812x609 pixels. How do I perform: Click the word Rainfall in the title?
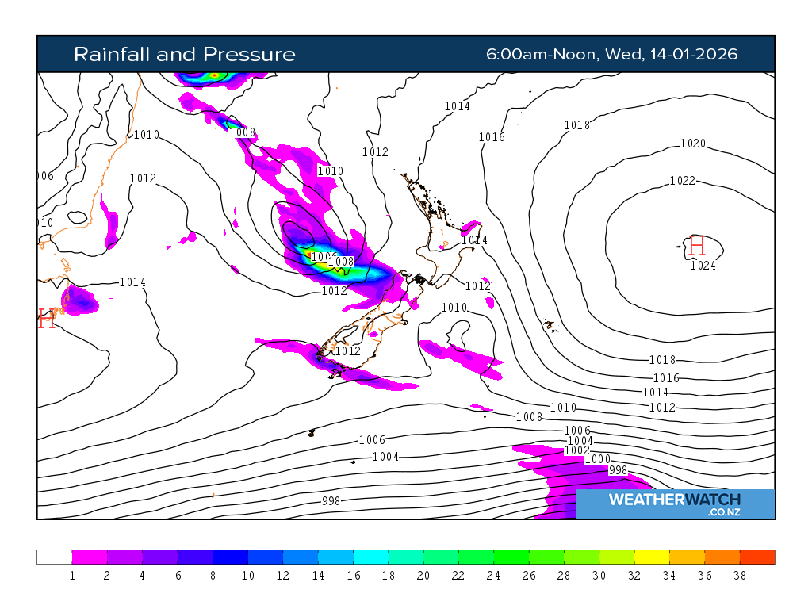(112, 54)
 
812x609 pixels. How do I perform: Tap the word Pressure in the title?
(249, 54)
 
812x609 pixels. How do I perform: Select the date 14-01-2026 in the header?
(693, 54)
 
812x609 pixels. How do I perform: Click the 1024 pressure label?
(703, 266)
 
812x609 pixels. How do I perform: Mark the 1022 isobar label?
(682, 181)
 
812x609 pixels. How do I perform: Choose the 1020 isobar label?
(692, 144)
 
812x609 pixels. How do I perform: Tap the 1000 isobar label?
(597, 460)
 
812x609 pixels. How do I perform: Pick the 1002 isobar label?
(576, 450)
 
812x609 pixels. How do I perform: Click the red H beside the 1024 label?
(697, 246)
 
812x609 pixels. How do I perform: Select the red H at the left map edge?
(46, 320)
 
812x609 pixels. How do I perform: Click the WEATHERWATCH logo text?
(674, 500)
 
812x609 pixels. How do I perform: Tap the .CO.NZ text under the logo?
(723, 513)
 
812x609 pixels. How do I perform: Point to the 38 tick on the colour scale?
(740, 576)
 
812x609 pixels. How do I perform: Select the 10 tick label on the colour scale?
(247, 576)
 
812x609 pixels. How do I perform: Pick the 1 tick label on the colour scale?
(72, 576)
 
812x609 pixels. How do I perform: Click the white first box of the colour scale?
(54, 557)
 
